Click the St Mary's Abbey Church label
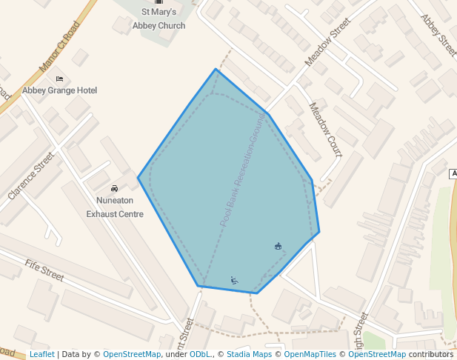[x=159, y=19]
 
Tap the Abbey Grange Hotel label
[x=59, y=90]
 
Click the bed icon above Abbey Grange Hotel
[x=59, y=79]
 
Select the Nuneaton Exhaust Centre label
[x=115, y=207]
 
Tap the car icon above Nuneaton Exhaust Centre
[x=114, y=188]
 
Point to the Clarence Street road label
[x=31, y=176]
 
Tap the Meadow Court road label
[x=325, y=130]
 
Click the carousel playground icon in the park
[x=278, y=247]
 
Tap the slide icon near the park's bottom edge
[x=234, y=280]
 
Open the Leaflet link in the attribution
[x=41, y=354]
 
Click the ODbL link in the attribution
[x=199, y=354]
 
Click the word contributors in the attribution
[x=431, y=354]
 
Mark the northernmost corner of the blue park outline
[x=216, y=70]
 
